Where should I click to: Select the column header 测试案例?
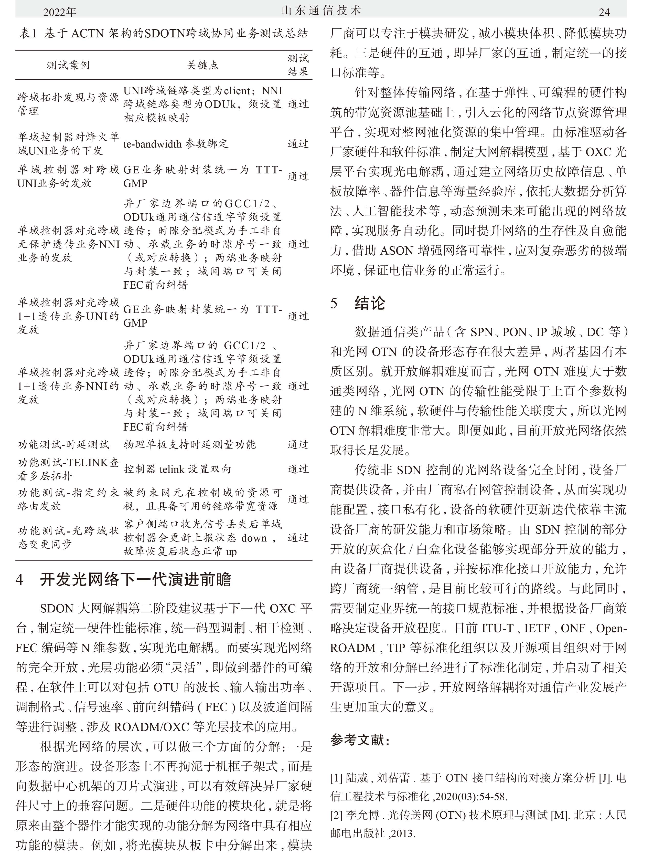68,65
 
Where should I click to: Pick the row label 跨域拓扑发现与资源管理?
68,104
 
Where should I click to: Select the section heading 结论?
370,303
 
